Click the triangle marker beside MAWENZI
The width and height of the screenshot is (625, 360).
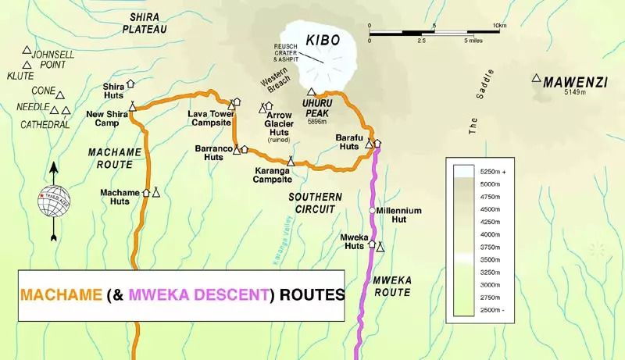536,78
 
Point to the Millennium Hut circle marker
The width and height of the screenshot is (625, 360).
373,210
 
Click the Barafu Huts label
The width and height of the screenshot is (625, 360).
348,141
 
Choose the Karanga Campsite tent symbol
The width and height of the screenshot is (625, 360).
291,161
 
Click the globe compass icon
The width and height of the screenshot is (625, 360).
54,201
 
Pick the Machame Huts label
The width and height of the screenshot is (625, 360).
120,196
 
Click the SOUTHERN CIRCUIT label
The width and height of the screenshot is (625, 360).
311,203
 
